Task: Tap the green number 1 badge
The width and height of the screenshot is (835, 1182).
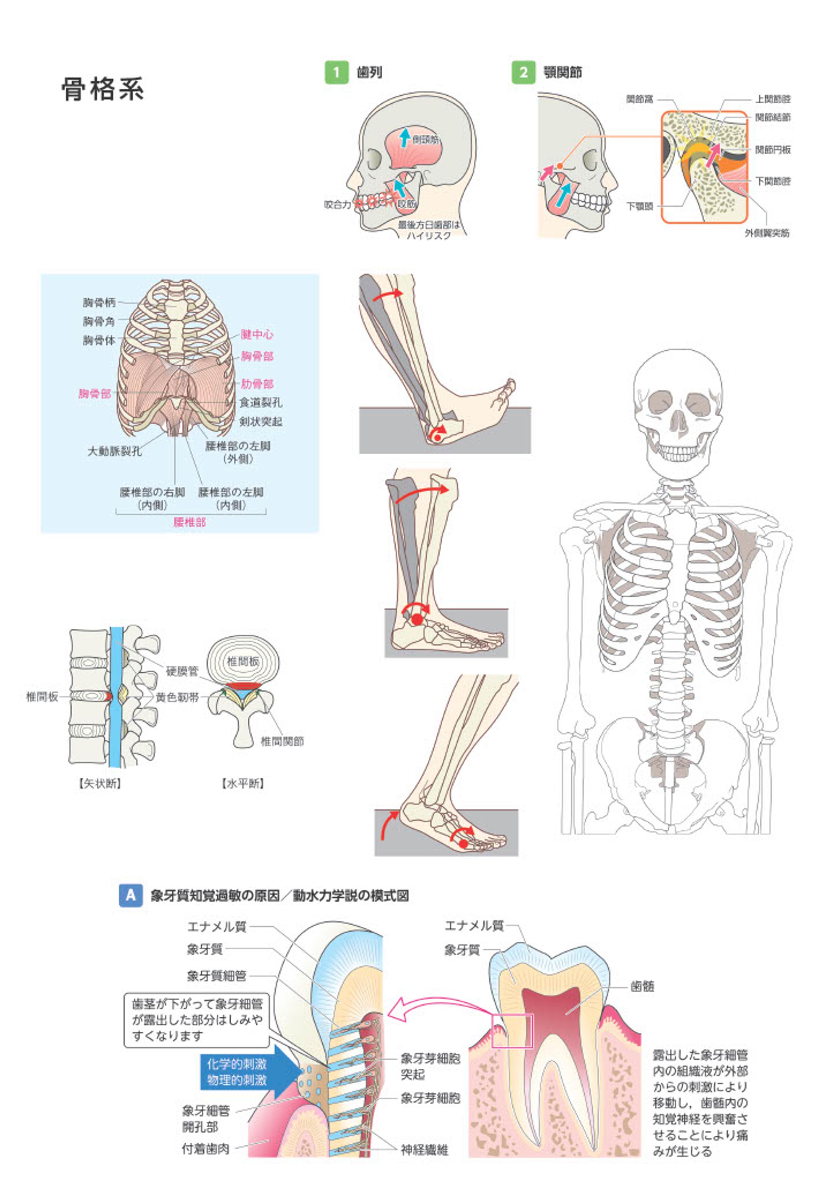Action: pos(336,72)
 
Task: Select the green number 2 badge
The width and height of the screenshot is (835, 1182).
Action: pos(523,72)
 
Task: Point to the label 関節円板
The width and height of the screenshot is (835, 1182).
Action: pos(772,150)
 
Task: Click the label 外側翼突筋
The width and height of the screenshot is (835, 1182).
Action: pos(767,233)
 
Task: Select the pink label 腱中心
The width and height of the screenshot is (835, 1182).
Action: pos(257,334)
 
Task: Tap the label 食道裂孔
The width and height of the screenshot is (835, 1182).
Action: pos(261,403)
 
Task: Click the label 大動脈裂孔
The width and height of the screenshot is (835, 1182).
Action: pos(114,451)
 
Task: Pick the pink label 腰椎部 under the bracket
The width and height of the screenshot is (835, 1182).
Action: pos(189,523)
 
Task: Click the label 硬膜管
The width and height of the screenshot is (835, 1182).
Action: pos(182,671)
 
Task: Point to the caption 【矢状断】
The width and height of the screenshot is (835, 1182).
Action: pos(100,784)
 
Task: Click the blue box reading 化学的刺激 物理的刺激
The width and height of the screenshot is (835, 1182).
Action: pos(237,1072)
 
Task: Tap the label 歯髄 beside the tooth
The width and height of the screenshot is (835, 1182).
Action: pos(642,986)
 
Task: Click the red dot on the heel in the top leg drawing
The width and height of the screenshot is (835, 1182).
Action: pos(437,438)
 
